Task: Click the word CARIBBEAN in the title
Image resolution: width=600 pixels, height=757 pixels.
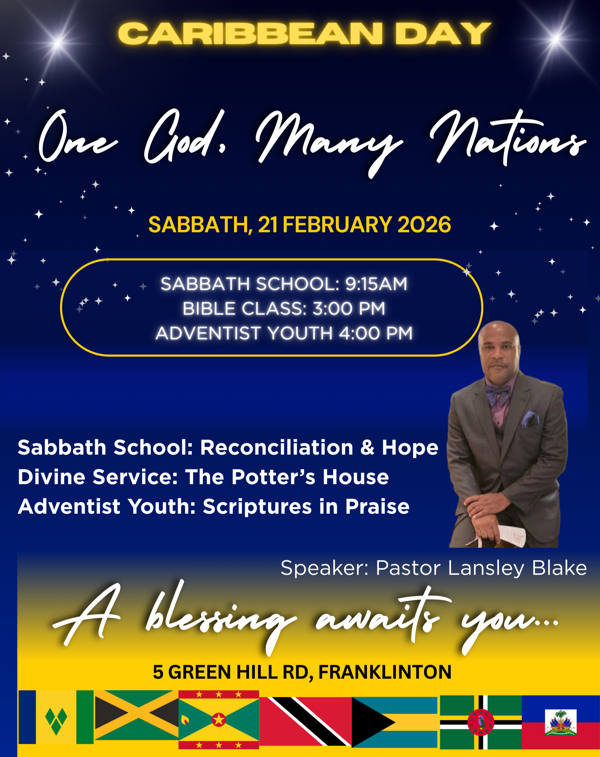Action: (250, 34)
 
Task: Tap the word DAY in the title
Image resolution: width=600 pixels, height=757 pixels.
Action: (443, 34)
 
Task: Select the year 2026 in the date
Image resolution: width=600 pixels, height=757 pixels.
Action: (424, 225)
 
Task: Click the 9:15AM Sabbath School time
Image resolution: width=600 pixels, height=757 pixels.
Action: (376, 284)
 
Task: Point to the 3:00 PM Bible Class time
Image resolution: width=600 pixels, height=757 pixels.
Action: (349, 308)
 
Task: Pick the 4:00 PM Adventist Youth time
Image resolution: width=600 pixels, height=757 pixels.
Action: (376, 333)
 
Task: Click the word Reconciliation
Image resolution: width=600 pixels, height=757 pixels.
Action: (276, 448)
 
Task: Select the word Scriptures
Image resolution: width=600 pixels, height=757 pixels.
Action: (257, 507)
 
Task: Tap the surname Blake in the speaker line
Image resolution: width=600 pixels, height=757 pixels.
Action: (559, 568)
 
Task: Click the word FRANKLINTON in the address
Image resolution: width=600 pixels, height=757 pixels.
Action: (385, 672)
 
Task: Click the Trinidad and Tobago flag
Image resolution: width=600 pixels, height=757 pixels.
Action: (305, 721)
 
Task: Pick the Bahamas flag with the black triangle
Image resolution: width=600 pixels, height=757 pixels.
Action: (394, 722)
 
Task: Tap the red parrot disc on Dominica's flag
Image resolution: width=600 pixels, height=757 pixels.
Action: (481, 722)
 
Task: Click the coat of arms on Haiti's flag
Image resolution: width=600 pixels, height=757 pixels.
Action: (561, 722)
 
